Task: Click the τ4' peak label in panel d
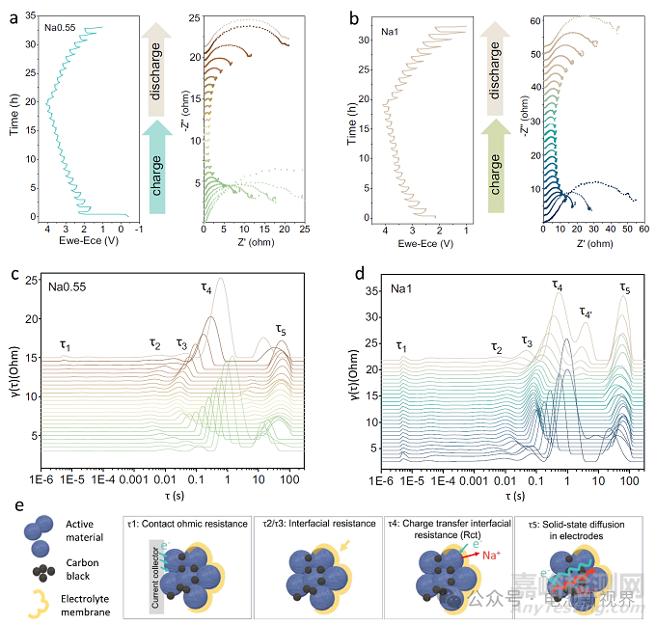pyautogui.click(x=585, y=311)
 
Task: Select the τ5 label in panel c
pyautogui.click(x=281, y=331)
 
